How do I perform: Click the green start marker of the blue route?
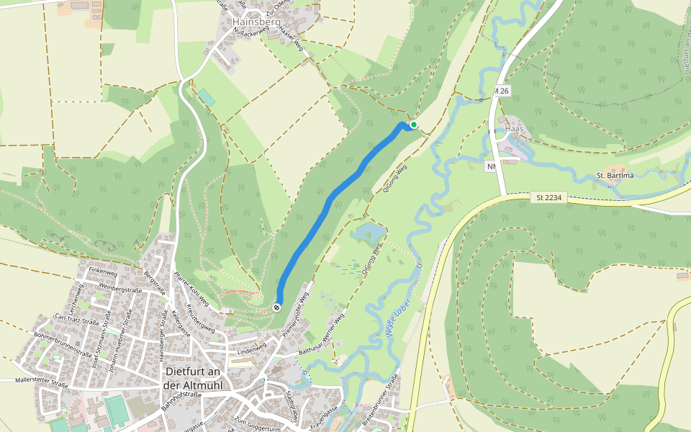[x=414, y=125]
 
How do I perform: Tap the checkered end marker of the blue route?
[x=276, y=307]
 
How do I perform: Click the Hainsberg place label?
[x=256, y=22]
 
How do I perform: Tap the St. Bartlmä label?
[x=614, y=176]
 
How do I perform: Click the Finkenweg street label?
[x=102, y=272]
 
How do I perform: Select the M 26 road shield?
[x=502, y=91]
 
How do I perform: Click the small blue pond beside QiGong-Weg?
[x=367, y=232]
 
